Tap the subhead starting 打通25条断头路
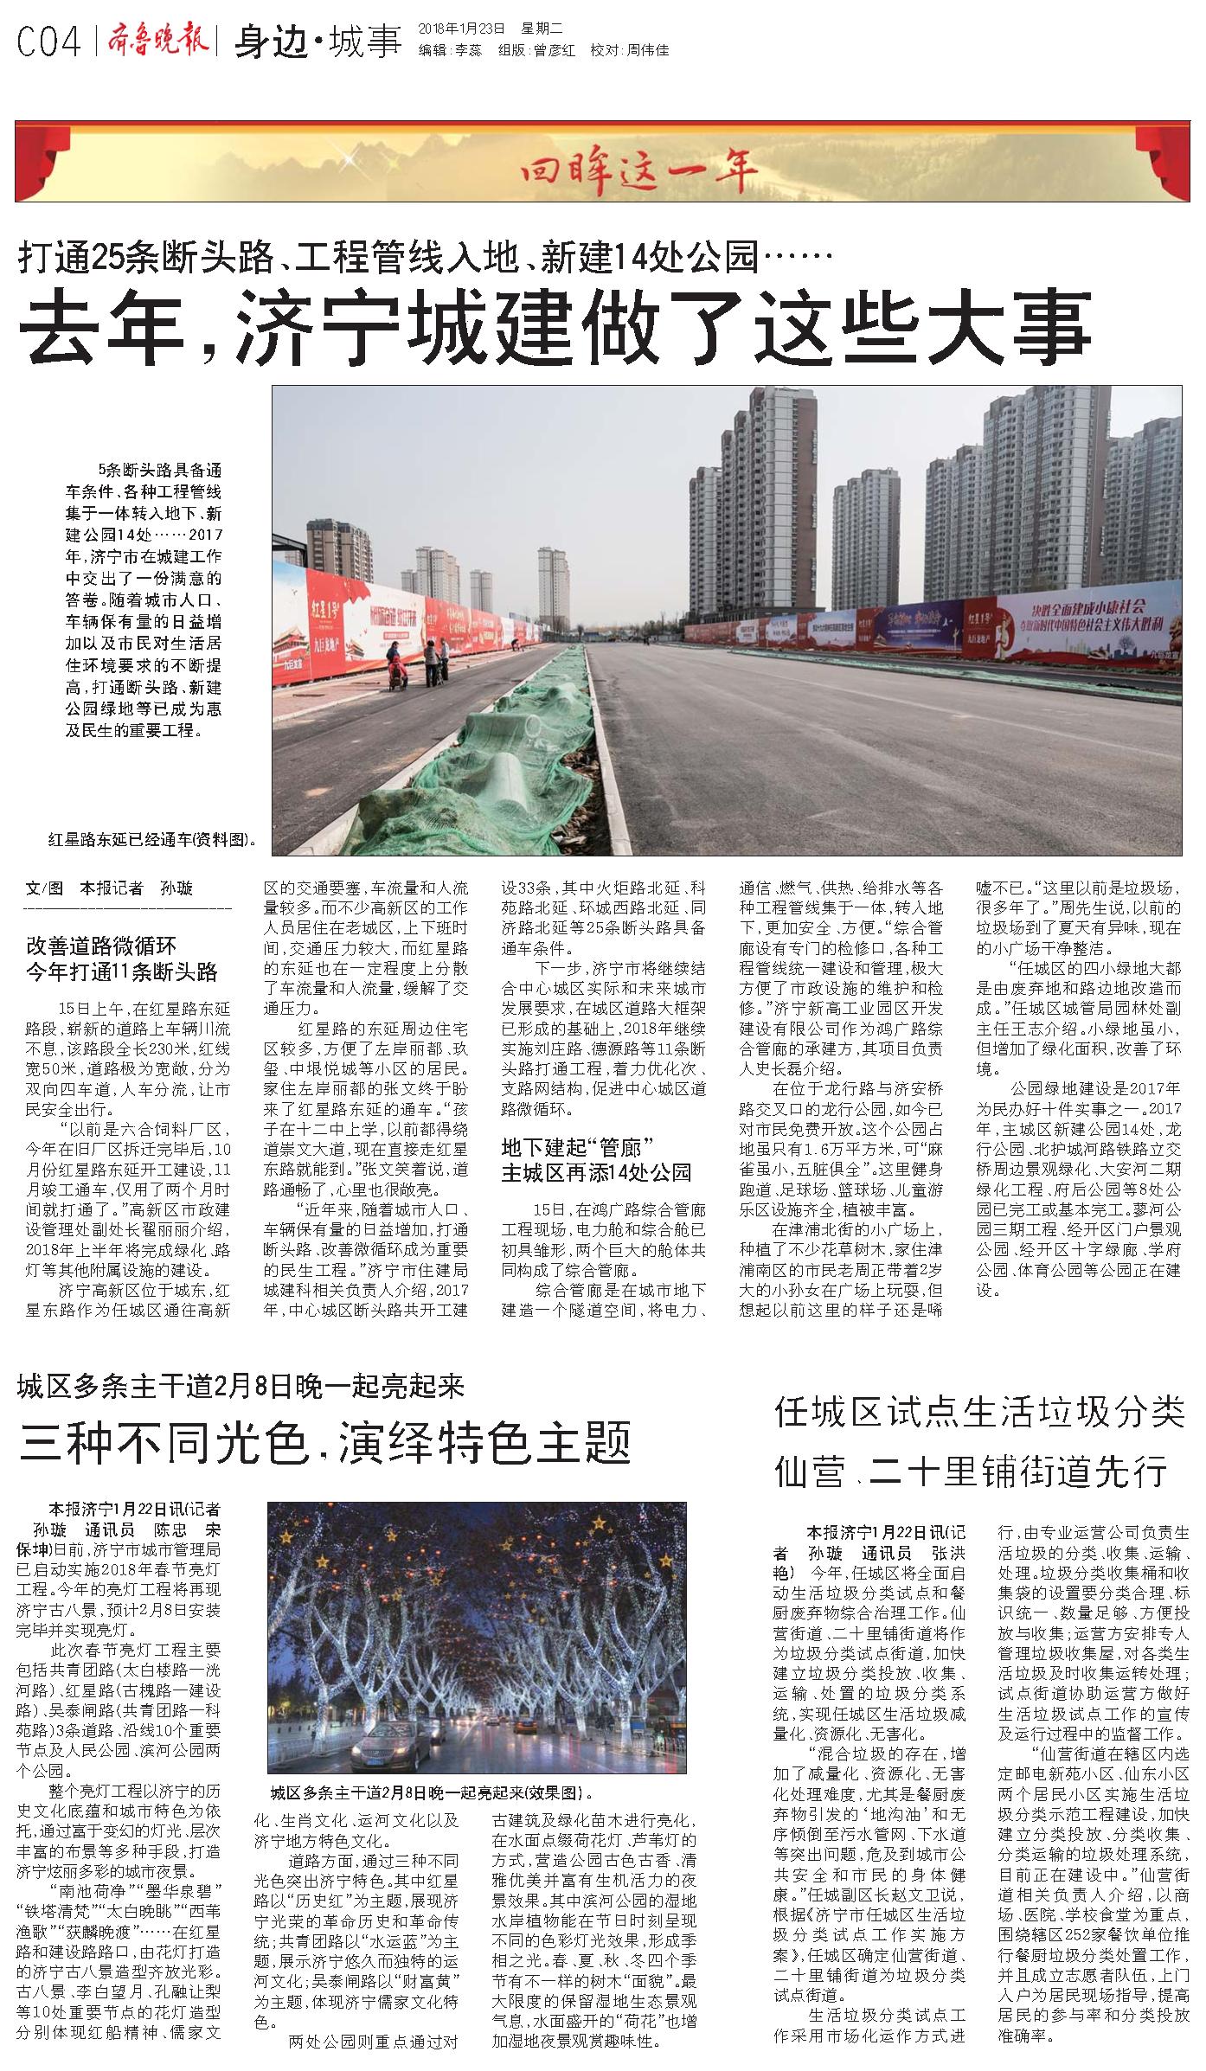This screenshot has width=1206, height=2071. (424, 257)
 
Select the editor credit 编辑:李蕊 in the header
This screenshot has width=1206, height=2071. (450, 51)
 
